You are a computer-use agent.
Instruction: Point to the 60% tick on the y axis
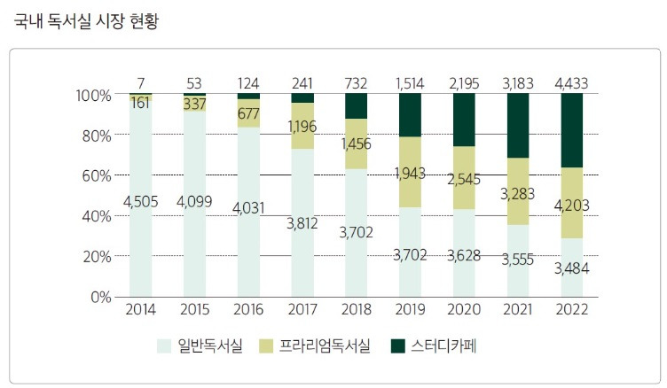click(95, 175)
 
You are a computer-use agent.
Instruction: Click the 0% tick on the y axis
click(98, 297)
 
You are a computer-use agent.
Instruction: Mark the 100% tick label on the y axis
click(92, 95)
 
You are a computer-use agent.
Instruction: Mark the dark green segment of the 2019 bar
click(410, 115)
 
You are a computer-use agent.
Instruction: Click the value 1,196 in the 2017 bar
click(302, 127)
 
